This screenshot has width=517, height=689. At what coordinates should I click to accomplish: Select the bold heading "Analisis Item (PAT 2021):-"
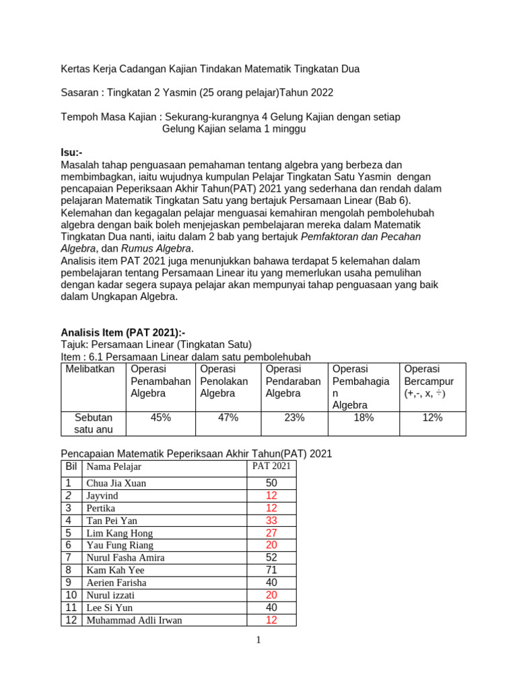point(123,332)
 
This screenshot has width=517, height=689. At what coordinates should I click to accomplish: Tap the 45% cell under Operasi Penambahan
point(161,418)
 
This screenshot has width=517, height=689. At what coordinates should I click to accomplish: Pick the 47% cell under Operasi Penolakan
point(228,418)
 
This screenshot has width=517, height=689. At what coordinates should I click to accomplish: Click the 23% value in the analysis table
point(294,418)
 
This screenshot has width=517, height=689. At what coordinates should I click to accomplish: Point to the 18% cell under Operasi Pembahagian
point(364,418)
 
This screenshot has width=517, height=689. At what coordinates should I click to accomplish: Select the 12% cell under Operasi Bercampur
point(432,418)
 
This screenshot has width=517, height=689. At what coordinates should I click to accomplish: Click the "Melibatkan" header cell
point(90,369)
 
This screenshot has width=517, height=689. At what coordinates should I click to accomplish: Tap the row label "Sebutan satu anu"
point(94,424)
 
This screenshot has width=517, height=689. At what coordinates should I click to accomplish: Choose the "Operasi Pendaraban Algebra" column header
point(293,381)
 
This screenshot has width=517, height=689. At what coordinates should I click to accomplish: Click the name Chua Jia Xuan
point(116,483)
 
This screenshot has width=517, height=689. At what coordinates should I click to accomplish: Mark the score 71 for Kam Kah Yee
point(271,570)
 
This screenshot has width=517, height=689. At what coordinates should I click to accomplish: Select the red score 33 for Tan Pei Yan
point(271,520)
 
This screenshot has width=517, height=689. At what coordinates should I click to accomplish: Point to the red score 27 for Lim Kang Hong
point(271,533)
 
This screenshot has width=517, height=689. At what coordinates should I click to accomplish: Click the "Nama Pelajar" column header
point(114,467)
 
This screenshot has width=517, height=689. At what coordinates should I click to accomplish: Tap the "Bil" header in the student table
point(71,466)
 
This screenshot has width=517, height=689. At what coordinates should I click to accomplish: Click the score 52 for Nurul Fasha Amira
point(271,558)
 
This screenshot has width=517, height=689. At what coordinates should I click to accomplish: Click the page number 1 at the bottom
point(258,640)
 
